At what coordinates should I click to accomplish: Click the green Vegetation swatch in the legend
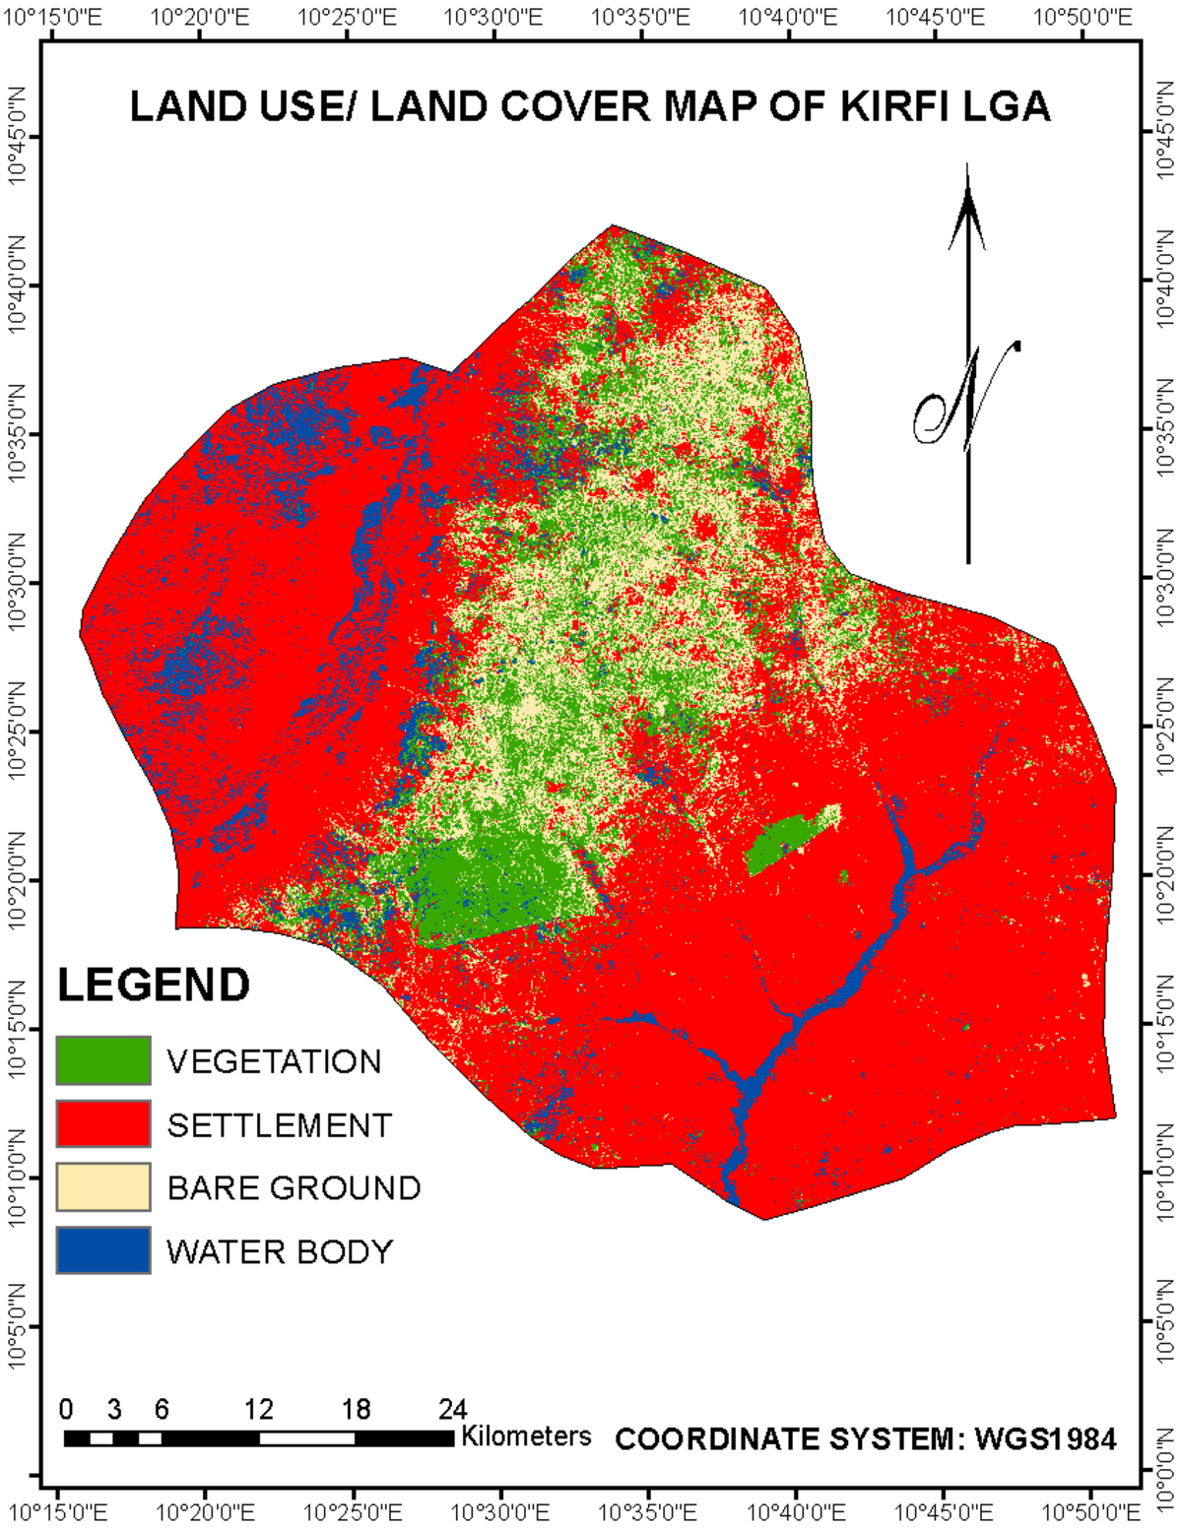coord(103,1060)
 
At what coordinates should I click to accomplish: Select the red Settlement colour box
coord(103,1123)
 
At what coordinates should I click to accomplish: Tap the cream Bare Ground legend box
coord(103,1186)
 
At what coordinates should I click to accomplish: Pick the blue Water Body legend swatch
coord(103,1249)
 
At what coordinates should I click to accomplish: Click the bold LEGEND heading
coord(154,985)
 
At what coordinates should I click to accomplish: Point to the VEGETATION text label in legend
coord(274,1061)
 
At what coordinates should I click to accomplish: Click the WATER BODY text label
coord(280,1251)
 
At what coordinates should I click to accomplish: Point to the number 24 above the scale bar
coord(451,1409)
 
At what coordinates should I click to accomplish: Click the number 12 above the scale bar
coord(258,1409)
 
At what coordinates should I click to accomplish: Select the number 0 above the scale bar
coord(66,1409)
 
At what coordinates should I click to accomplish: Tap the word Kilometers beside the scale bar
coord(526,1435)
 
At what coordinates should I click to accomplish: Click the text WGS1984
coord(1045,1439)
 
